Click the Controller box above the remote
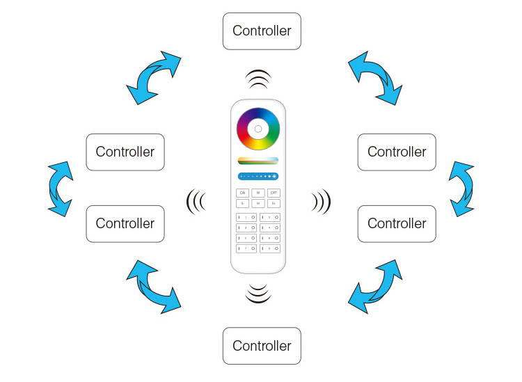262,31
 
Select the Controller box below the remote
262,346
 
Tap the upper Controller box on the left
125,152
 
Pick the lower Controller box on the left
125,223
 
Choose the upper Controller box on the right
397,152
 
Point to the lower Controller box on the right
397,223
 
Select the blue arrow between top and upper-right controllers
375,77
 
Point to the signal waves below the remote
258,293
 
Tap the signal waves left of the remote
196,202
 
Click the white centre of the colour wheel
258,129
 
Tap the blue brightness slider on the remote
258,177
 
